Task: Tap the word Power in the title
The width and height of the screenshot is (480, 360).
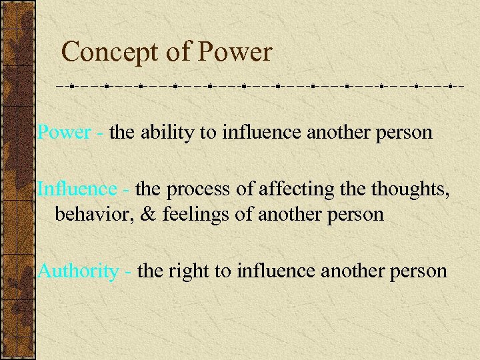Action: [236, 52]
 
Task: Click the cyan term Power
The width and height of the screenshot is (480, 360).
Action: [64, 132]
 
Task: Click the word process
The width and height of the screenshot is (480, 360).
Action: [200, 189]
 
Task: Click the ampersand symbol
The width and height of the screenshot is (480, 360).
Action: [141, 215]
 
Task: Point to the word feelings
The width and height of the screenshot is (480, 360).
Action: [191, 215]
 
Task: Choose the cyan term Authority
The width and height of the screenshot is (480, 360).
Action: [78, 271]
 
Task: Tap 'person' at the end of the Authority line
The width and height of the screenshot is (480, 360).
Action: [419, 271]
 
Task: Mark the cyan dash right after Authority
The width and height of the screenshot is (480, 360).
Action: [128, 272]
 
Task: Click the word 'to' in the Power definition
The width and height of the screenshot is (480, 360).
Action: [209, 133]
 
